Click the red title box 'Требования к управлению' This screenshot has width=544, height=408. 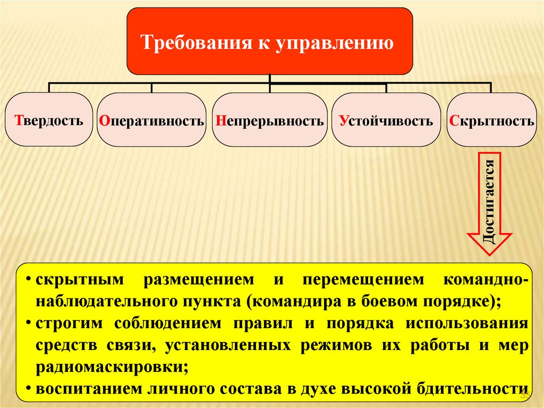coord(269,41)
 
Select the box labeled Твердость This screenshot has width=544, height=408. coord(49,120)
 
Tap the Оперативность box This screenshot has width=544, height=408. coord(152,120)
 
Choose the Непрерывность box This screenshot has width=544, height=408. coord(270,120)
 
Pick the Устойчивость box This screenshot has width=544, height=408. coord(386,120)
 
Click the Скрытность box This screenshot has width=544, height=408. coord(491,120)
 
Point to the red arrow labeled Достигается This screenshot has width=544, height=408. coord(489,202)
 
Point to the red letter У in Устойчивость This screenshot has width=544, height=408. coord(343,120)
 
